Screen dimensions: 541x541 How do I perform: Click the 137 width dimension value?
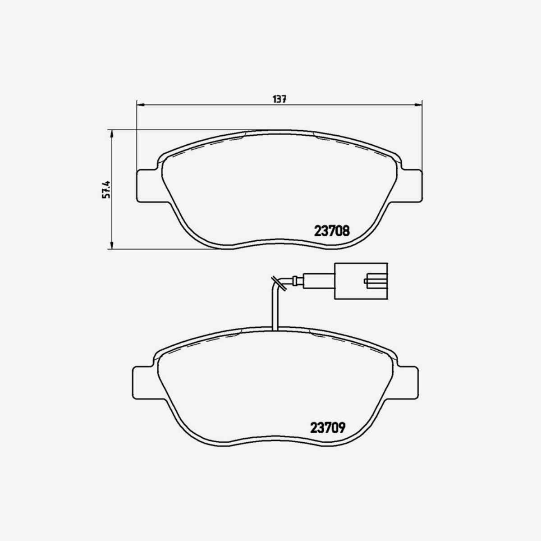point(280,100)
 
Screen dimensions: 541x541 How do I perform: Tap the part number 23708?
point(331,231)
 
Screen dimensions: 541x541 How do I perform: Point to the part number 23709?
point(328,426)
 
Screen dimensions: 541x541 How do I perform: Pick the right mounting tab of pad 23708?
point(411,186)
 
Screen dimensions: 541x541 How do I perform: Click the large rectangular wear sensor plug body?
point(360,281)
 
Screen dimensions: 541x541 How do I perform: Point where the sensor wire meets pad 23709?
point(275,328)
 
